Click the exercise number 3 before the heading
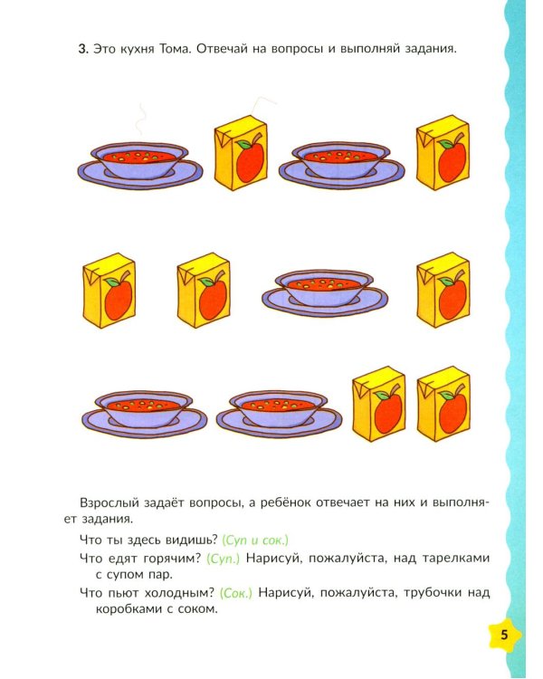point(82,49)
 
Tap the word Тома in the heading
point(175,49)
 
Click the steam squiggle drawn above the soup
point(140,120)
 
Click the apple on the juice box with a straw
point(251,159)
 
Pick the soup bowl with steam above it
point(140,166)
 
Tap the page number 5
point(504,636)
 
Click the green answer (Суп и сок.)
point(255,540)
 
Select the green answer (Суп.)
point(223,559)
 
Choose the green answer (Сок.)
point(235,593)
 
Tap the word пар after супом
point(163,576)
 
